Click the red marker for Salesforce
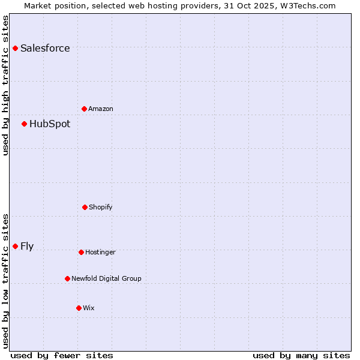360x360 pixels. [x=15, y=48]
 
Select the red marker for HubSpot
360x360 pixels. [x=24, y=124]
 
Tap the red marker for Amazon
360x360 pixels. [x=84, y=109]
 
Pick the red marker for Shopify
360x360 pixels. [x=85, y=207]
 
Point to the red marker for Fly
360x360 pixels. [x=15, y=246]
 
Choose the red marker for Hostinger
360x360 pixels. [x=81, y=252]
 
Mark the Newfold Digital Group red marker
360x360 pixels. [x=67, y=278]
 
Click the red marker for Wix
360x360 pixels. [x=79, y=308]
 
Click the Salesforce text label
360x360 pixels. [x=45, y=48]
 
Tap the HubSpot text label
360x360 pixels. [x=50, y=124]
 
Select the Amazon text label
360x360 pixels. [x=101, y=109]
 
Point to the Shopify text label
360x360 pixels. [x=101, y=207]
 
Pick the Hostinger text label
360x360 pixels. [x=100, y=252]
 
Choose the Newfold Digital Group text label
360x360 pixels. [x=106, y=278]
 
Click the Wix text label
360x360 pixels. [x=89, y=308]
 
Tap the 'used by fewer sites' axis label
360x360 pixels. [x=62, y=355]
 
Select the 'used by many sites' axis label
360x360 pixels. [x=301, y=355]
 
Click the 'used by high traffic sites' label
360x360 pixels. [x=5, y=85]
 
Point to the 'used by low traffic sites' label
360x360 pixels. [x=5, y=280]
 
